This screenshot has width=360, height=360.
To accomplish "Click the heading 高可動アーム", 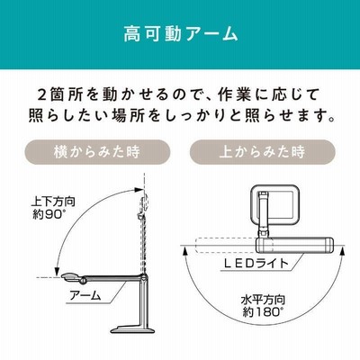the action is click(x=181, y=33).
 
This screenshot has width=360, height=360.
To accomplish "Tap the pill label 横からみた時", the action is click(x=97, y=152).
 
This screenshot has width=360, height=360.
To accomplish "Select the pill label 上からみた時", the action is click(x=262, y=152).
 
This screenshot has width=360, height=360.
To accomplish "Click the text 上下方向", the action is click(x=53, y=202).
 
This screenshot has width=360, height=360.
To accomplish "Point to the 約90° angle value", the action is click(x=49, y=214).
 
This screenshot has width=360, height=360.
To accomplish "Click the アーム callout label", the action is click(x=85, y=295).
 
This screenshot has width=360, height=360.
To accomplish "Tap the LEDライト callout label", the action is click(x=256, y=264).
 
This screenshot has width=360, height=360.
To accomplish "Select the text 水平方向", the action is click(x=263, y=300).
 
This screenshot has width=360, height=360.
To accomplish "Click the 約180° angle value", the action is click(x=261, y=312).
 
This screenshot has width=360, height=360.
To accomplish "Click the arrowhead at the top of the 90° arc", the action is click(x=139, y=189).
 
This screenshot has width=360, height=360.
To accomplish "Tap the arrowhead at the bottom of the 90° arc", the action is click(x=56, y=271).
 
